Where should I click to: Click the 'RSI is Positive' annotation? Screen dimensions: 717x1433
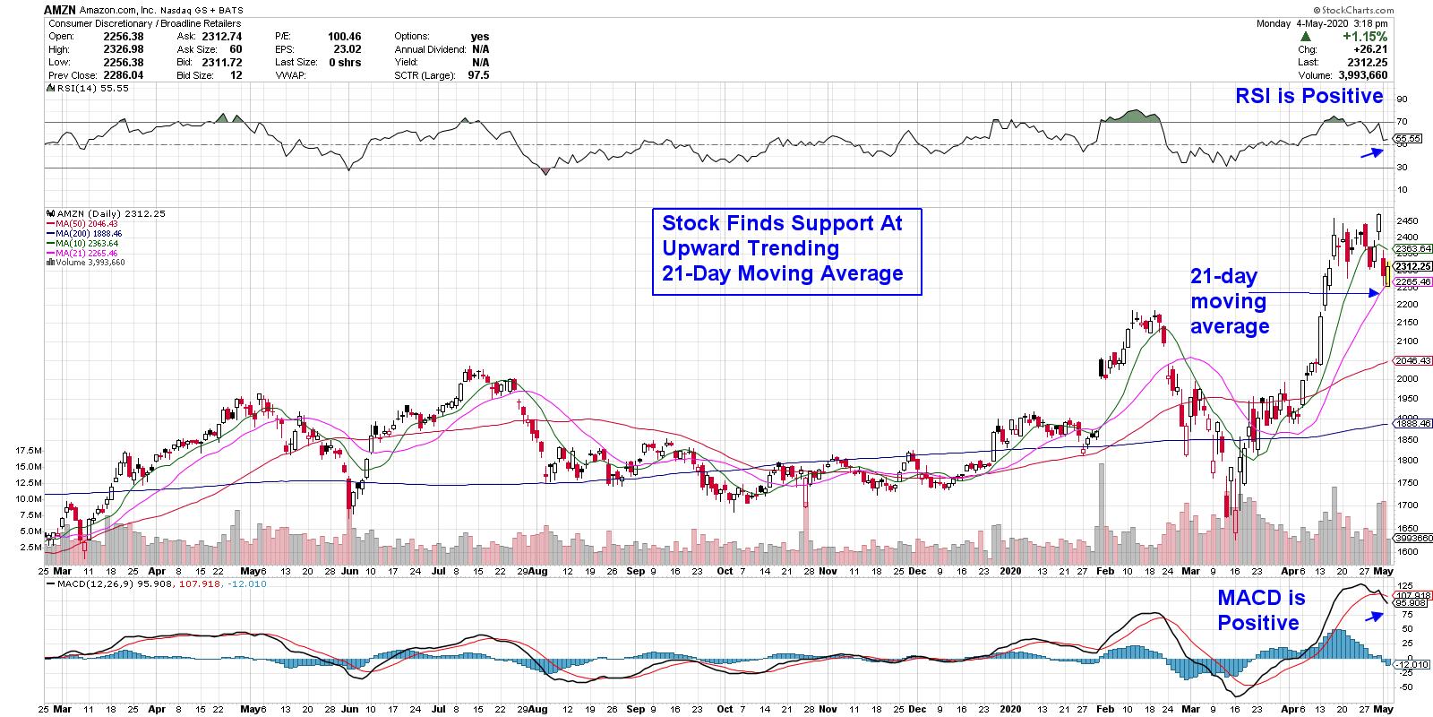tap(1309, 96)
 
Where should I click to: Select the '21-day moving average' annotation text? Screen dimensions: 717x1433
tap(1229, 301)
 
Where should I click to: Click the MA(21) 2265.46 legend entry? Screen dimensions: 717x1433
tap(92, 253)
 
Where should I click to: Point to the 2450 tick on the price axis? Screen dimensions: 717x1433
tap(1408, 220)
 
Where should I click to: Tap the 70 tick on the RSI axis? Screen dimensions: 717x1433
tap(1402, 121)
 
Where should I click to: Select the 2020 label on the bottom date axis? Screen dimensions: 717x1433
tap(1009, 570)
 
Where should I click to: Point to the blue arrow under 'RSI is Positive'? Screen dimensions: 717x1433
tap(1370, 153)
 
